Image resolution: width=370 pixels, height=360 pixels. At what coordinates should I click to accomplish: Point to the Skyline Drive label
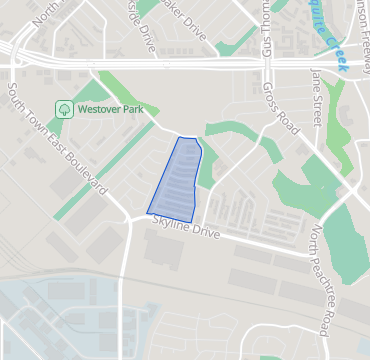click(185, 230)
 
